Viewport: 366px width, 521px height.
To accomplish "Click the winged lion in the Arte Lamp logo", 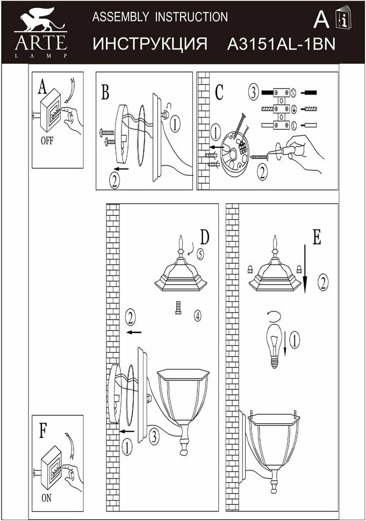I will [x=40, y=20].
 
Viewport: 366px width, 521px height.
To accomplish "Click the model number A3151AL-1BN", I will [x=281, y=44].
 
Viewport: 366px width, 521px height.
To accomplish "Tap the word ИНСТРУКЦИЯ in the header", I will [x=150, y=44].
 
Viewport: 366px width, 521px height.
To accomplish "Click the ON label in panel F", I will [x=47, y=498].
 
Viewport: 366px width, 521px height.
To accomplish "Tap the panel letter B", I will [x=105, y=92].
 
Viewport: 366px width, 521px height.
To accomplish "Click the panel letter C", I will [x=219, y=92].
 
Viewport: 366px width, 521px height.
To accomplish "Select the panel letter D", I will [x=205, y=237].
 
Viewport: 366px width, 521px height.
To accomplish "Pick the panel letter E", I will [x=317, y=237].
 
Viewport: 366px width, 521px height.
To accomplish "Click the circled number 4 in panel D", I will [x=198, y=316].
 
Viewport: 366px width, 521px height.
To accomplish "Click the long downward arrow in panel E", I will [x=305, y=269].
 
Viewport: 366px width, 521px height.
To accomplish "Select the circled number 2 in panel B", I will [x=114, y=180].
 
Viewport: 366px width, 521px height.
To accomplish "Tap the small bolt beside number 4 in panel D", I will [x=178, y=308].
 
